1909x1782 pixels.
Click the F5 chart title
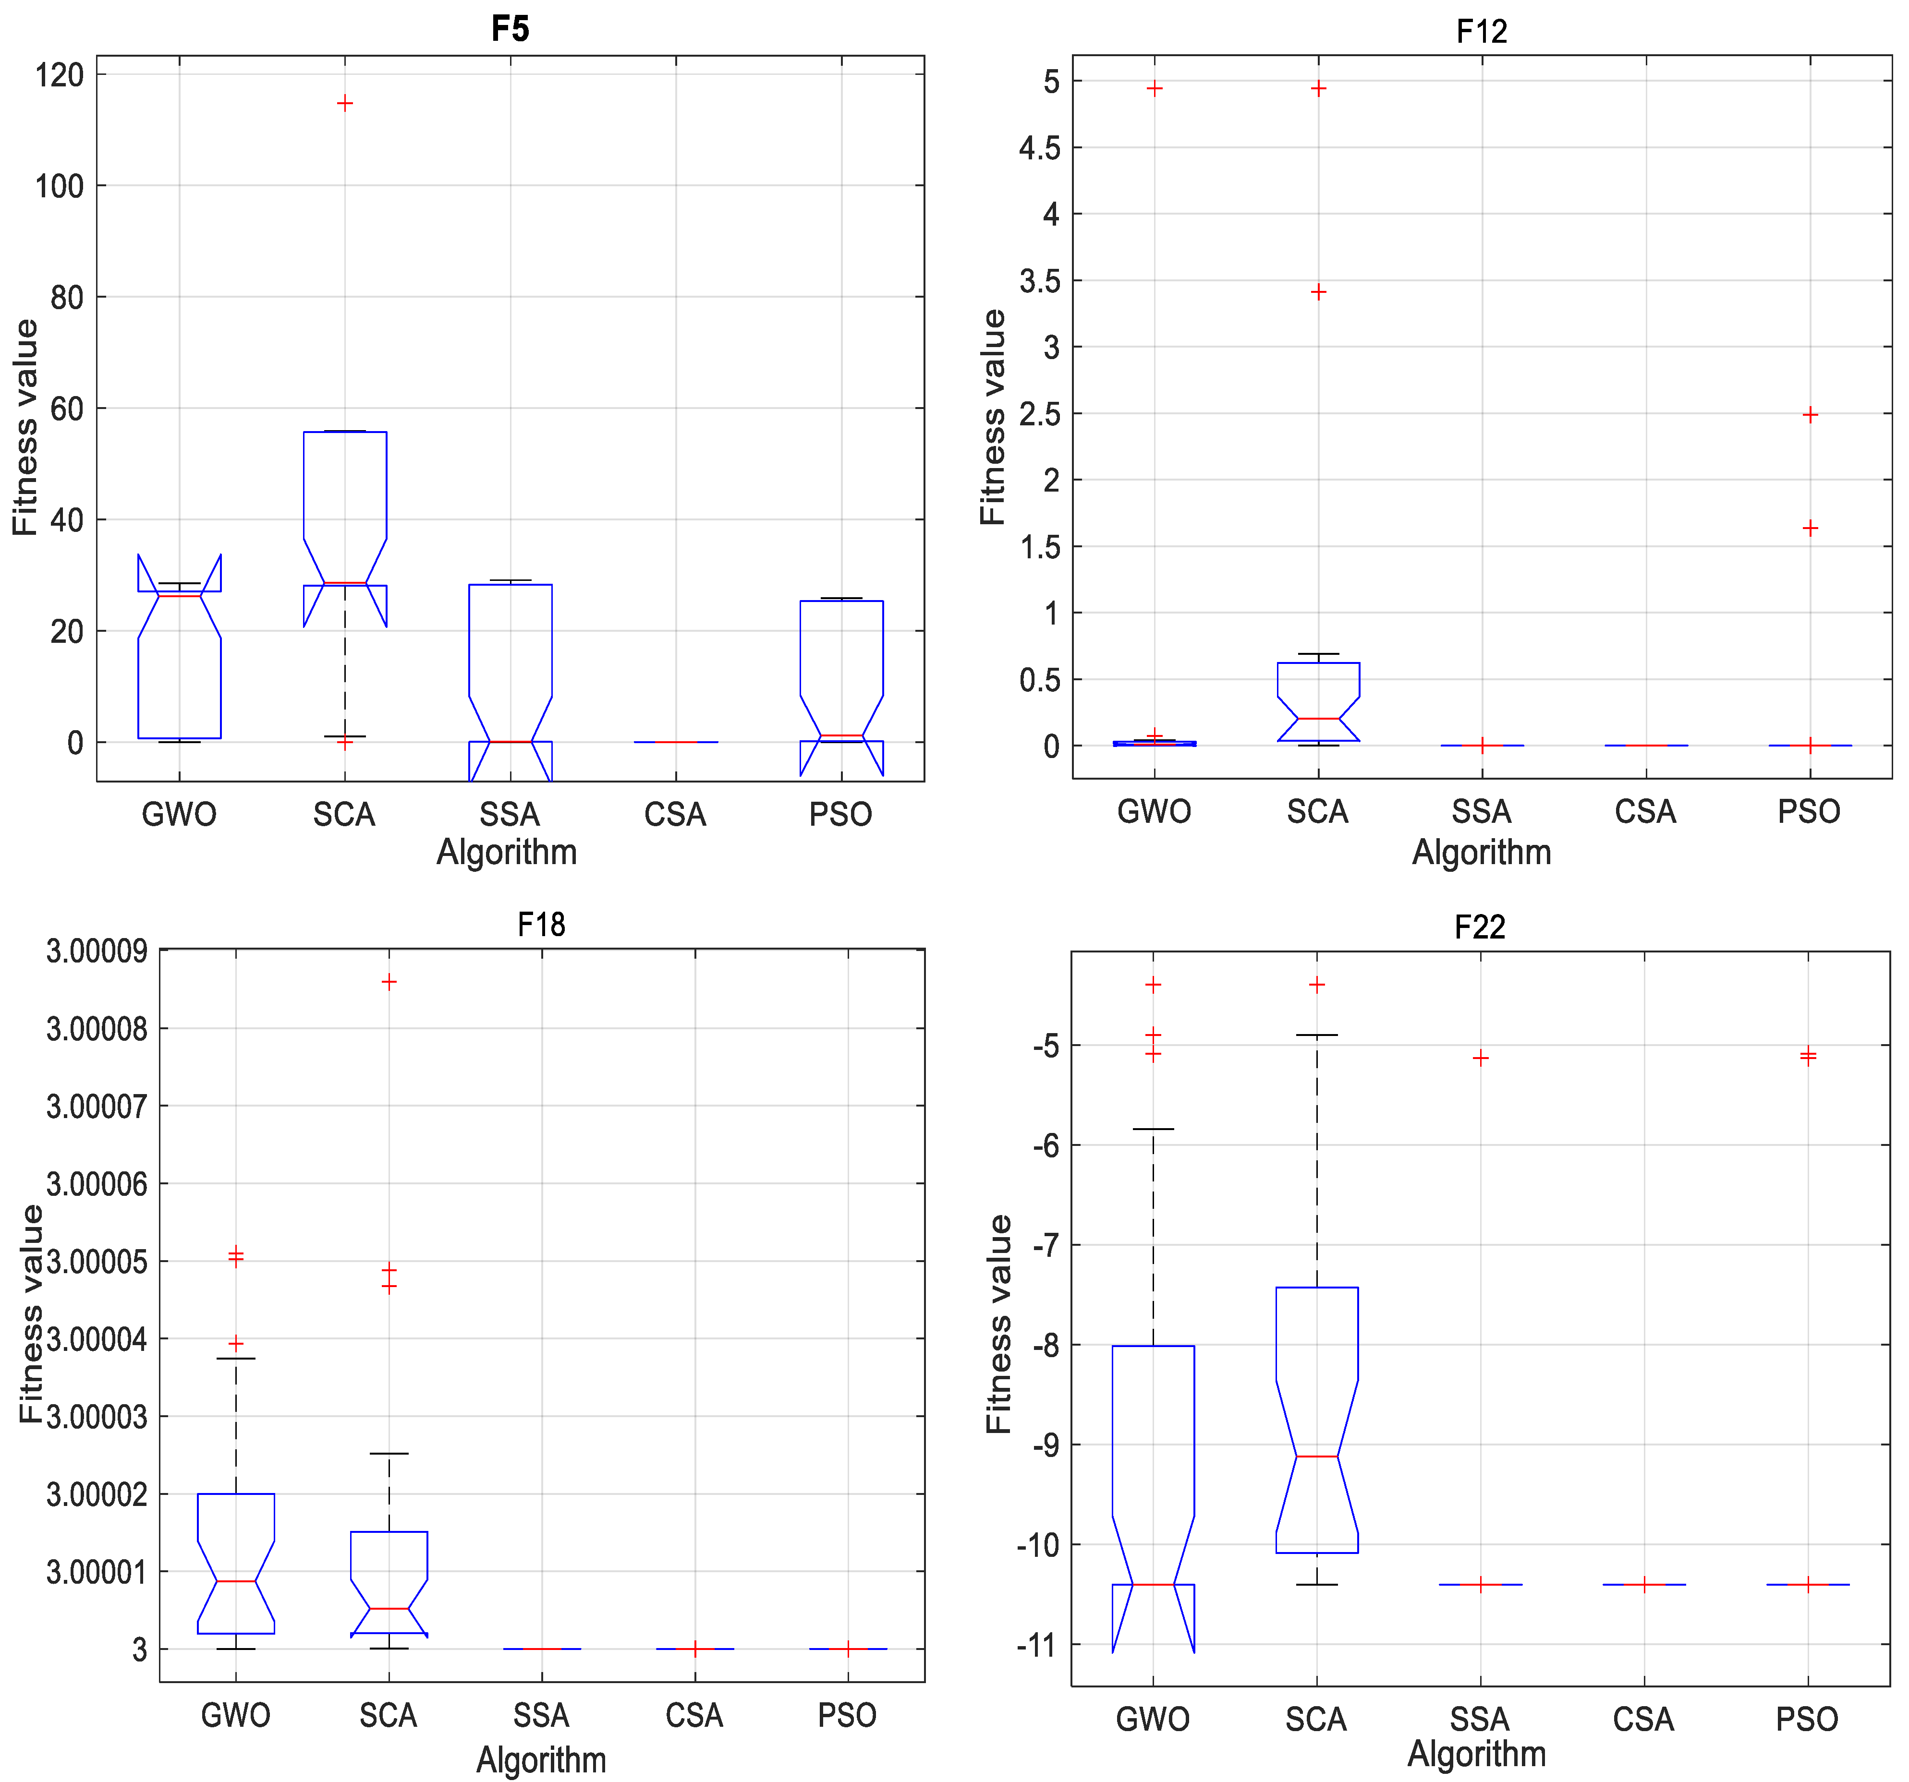(x=510, y=29)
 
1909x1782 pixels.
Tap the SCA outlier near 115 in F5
(x=345, y=103)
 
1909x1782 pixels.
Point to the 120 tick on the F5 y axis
(x=60, y=75)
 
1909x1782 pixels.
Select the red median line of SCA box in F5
(x=345, y=583)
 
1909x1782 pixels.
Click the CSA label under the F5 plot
(x=675, y=814)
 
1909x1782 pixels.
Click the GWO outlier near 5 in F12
(x=1154, y=88)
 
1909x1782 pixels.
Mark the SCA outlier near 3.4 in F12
(x=1318, y=292)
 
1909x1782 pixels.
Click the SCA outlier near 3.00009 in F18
(x=389, y=981)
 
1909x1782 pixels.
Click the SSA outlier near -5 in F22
(x=1481, y=1058)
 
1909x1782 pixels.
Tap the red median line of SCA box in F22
(x=1316, y=1457)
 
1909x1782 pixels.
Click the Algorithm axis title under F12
(x=1481, y=853)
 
